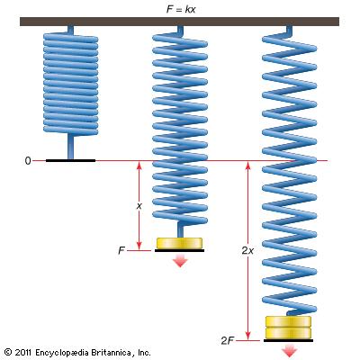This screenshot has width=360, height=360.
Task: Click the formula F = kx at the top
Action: pyautogui.click(x=181, y=9)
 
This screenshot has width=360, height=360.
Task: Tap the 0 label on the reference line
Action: pyautogui.click(x=28, y=161)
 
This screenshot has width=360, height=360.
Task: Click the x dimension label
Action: pyautogui.click(x=139, y=206)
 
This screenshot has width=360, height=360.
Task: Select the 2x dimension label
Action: pyautogui.click(x=247, y=250)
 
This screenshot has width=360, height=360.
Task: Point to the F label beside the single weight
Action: pyautogui.click(x=121, y=250)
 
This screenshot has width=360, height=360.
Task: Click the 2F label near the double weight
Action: pyautogui.click(x=228, y=340)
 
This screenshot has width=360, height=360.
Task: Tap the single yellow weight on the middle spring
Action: pyautogui.click(x=179, y=243)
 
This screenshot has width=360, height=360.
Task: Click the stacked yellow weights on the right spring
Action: pyautogui.click(x=288, y=328)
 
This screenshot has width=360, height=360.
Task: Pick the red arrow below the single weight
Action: pyautogui.click(x=180, y=260)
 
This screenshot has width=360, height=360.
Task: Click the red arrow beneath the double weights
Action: pyautogui.click(x=289, y=350)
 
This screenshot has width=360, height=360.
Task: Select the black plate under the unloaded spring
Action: pyautogui.click(x=70, y=161)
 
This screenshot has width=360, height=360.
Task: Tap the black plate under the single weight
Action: pyautogui.click(x=179, y=250)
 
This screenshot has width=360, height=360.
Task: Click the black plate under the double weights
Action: pyautogui.click(x=288, y=340)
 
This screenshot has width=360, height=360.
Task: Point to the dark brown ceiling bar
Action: pyautogui.click(x=179, y=22)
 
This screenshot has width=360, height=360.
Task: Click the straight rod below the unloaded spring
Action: pyautogui.click(x=70, y=146)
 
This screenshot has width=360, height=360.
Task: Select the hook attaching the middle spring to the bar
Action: pyautogui.click(x=180, y=31)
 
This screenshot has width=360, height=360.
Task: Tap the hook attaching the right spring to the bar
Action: pyautogui.click(x=288, y=31)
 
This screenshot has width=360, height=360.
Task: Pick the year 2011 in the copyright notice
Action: pyautogui.click(x=23, y=352)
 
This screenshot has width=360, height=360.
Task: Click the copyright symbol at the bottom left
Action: pyautogui.click(x=8, y=352)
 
